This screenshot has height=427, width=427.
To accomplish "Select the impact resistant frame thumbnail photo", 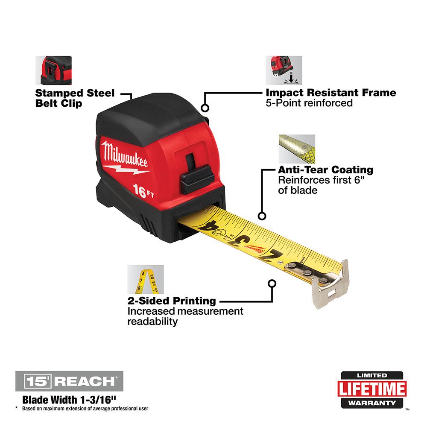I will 284,70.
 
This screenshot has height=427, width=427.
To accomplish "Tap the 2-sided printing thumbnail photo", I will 146,279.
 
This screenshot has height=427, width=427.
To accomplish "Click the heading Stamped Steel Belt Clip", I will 75,98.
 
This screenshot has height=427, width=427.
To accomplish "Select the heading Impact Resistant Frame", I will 331,93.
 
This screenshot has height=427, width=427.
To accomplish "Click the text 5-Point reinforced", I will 309,103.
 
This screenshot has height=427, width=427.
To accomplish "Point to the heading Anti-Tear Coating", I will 325,170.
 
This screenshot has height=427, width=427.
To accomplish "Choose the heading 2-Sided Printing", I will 172,301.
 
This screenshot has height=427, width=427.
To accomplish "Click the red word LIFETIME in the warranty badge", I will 371,389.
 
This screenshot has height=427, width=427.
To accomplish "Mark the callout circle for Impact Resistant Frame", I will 205,108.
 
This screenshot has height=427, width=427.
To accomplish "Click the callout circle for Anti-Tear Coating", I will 262,216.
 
